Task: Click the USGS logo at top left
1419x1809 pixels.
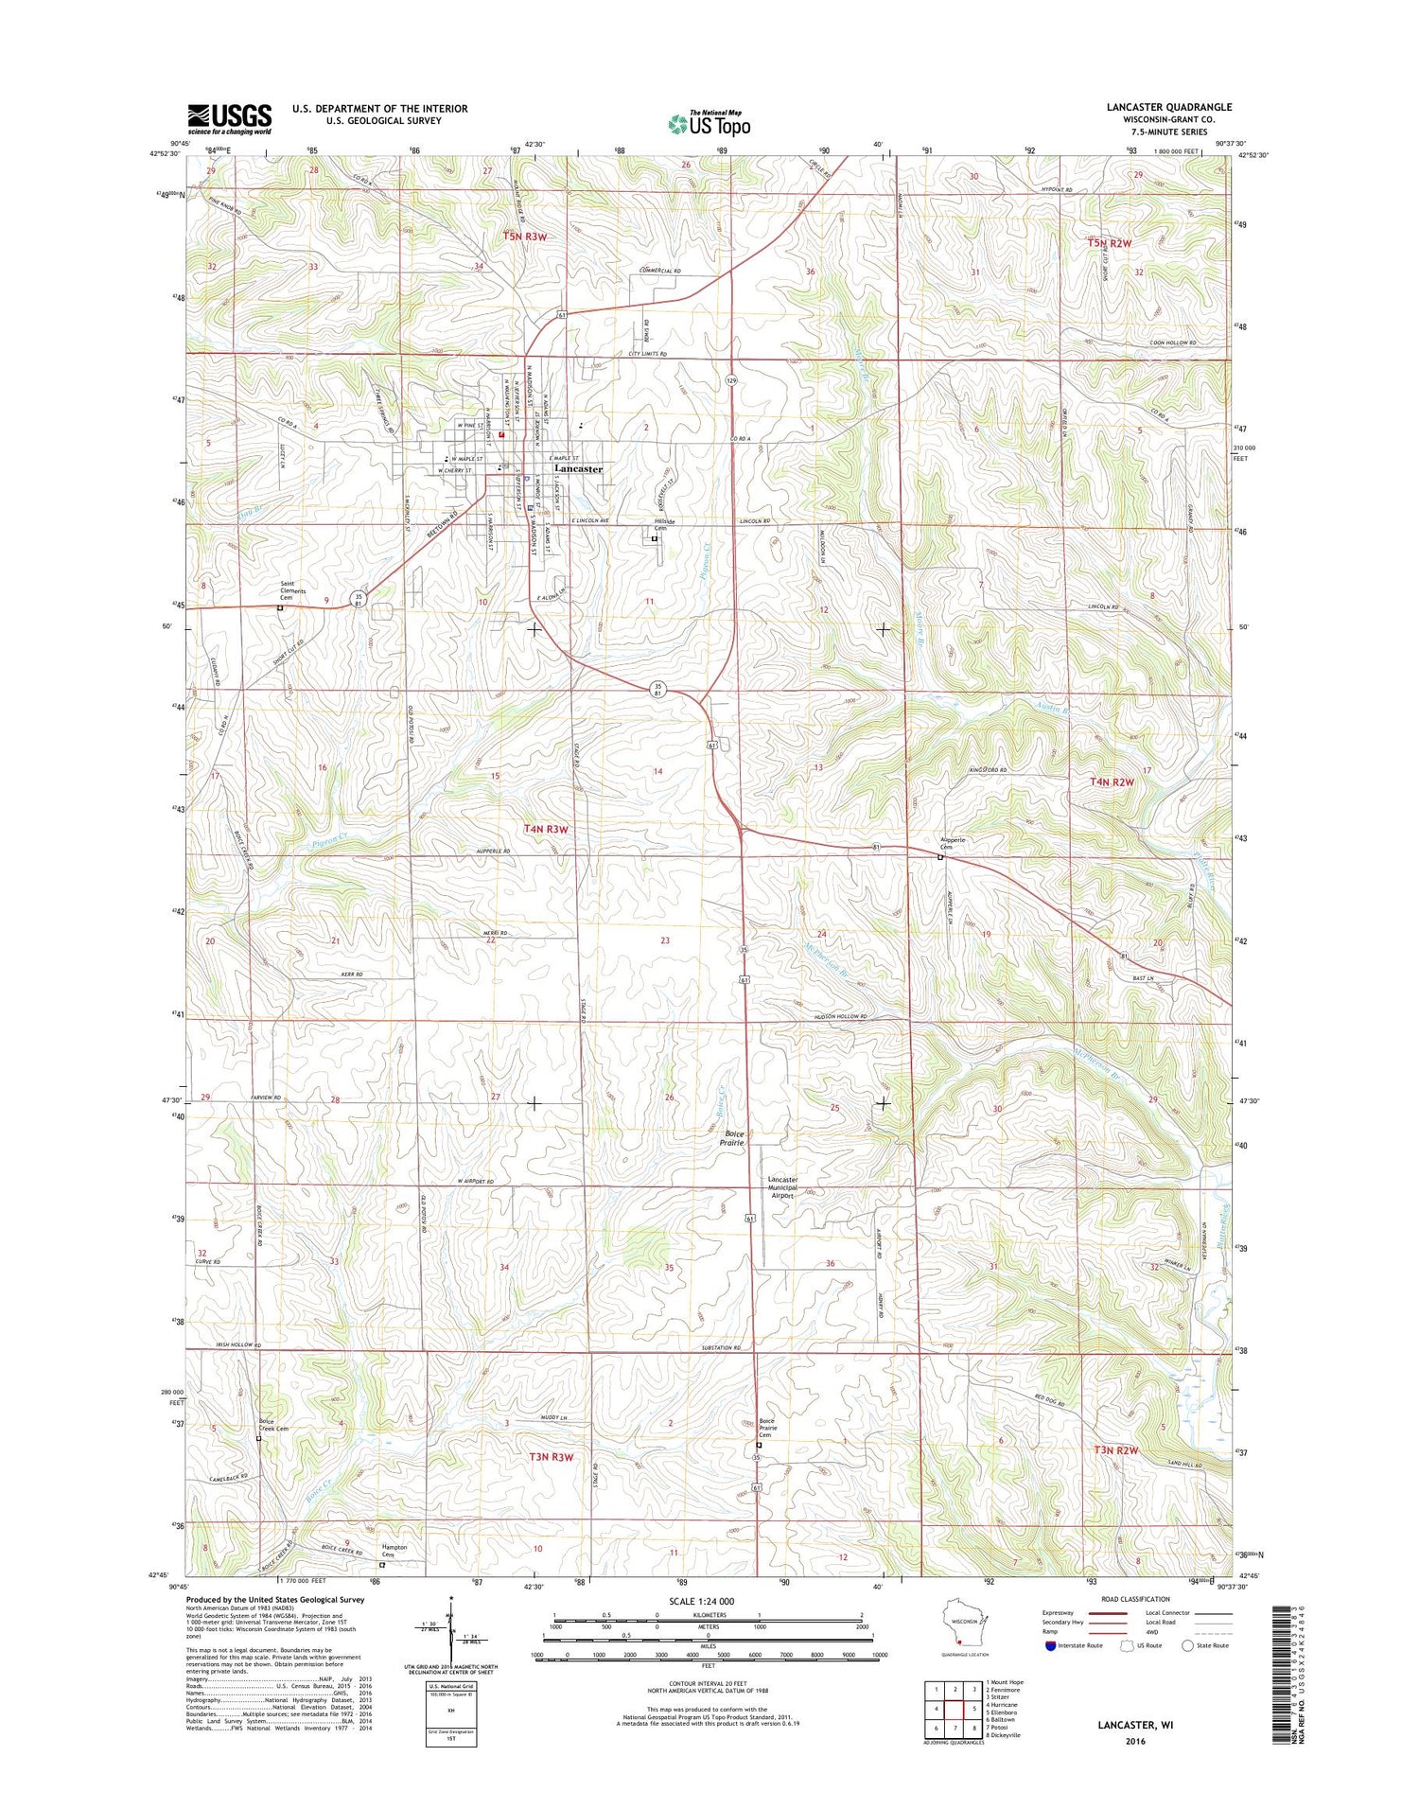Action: coord(229,119)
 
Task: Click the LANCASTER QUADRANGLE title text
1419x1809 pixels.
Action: coord(1168,108)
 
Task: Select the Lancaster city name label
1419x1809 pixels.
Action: coord(578,469)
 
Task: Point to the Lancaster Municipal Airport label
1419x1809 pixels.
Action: coord(782,1187)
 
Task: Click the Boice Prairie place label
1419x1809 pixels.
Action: coord(734,1138)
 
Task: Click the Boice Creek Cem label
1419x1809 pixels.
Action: coord(272,1425)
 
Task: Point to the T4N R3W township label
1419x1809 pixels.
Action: coord(547,829)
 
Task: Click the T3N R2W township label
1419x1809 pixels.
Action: coord(1115,1449)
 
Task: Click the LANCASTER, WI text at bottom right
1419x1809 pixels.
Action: coord(1135,1725)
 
